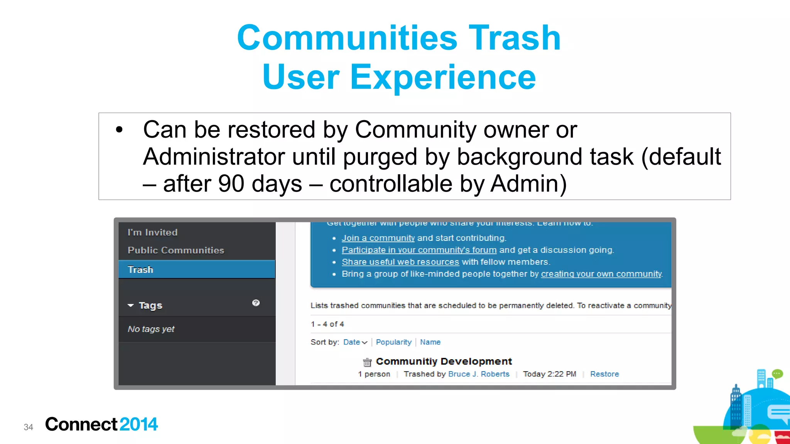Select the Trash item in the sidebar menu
140,269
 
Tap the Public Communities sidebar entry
176,250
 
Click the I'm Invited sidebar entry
153,232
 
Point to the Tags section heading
150,305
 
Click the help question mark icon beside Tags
256,303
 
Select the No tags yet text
151,329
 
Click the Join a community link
378,238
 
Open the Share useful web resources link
400,262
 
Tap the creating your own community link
601,274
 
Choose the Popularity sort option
393,342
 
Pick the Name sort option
430,342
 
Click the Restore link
604,374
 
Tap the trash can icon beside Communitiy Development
367,362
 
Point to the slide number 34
29,427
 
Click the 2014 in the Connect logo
138,424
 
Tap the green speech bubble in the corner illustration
777,373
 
